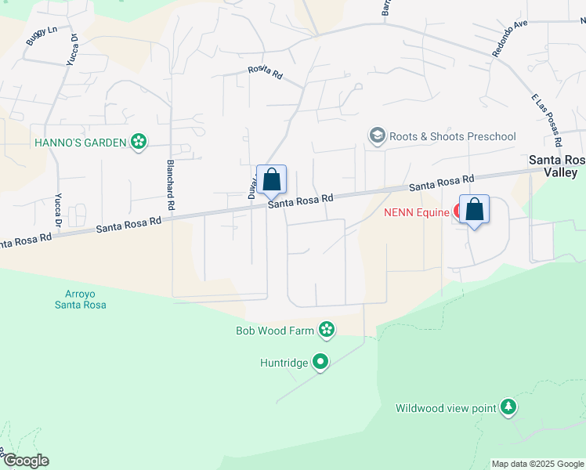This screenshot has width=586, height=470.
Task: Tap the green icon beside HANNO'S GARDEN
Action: tap(139, 142)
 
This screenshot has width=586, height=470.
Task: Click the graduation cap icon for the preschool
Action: tap(378, 136)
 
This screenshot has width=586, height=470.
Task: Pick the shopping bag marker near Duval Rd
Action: tap(271, 180)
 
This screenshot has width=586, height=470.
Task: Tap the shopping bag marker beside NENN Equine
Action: tap(474, 210)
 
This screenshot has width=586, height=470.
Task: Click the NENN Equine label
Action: tap(416, 212)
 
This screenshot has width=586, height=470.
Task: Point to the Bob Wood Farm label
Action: tap(275, 331)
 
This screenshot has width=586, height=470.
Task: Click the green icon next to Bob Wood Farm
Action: tap(326, 331)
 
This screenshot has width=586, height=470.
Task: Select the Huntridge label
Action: tap(285, 363)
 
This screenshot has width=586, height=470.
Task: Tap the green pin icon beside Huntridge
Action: tap(320, 362)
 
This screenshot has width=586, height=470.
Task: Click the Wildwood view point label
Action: tap(446, 408)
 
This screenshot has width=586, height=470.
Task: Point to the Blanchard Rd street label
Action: tap(169, 185)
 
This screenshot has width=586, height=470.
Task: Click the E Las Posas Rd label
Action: tap(547, 117)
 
